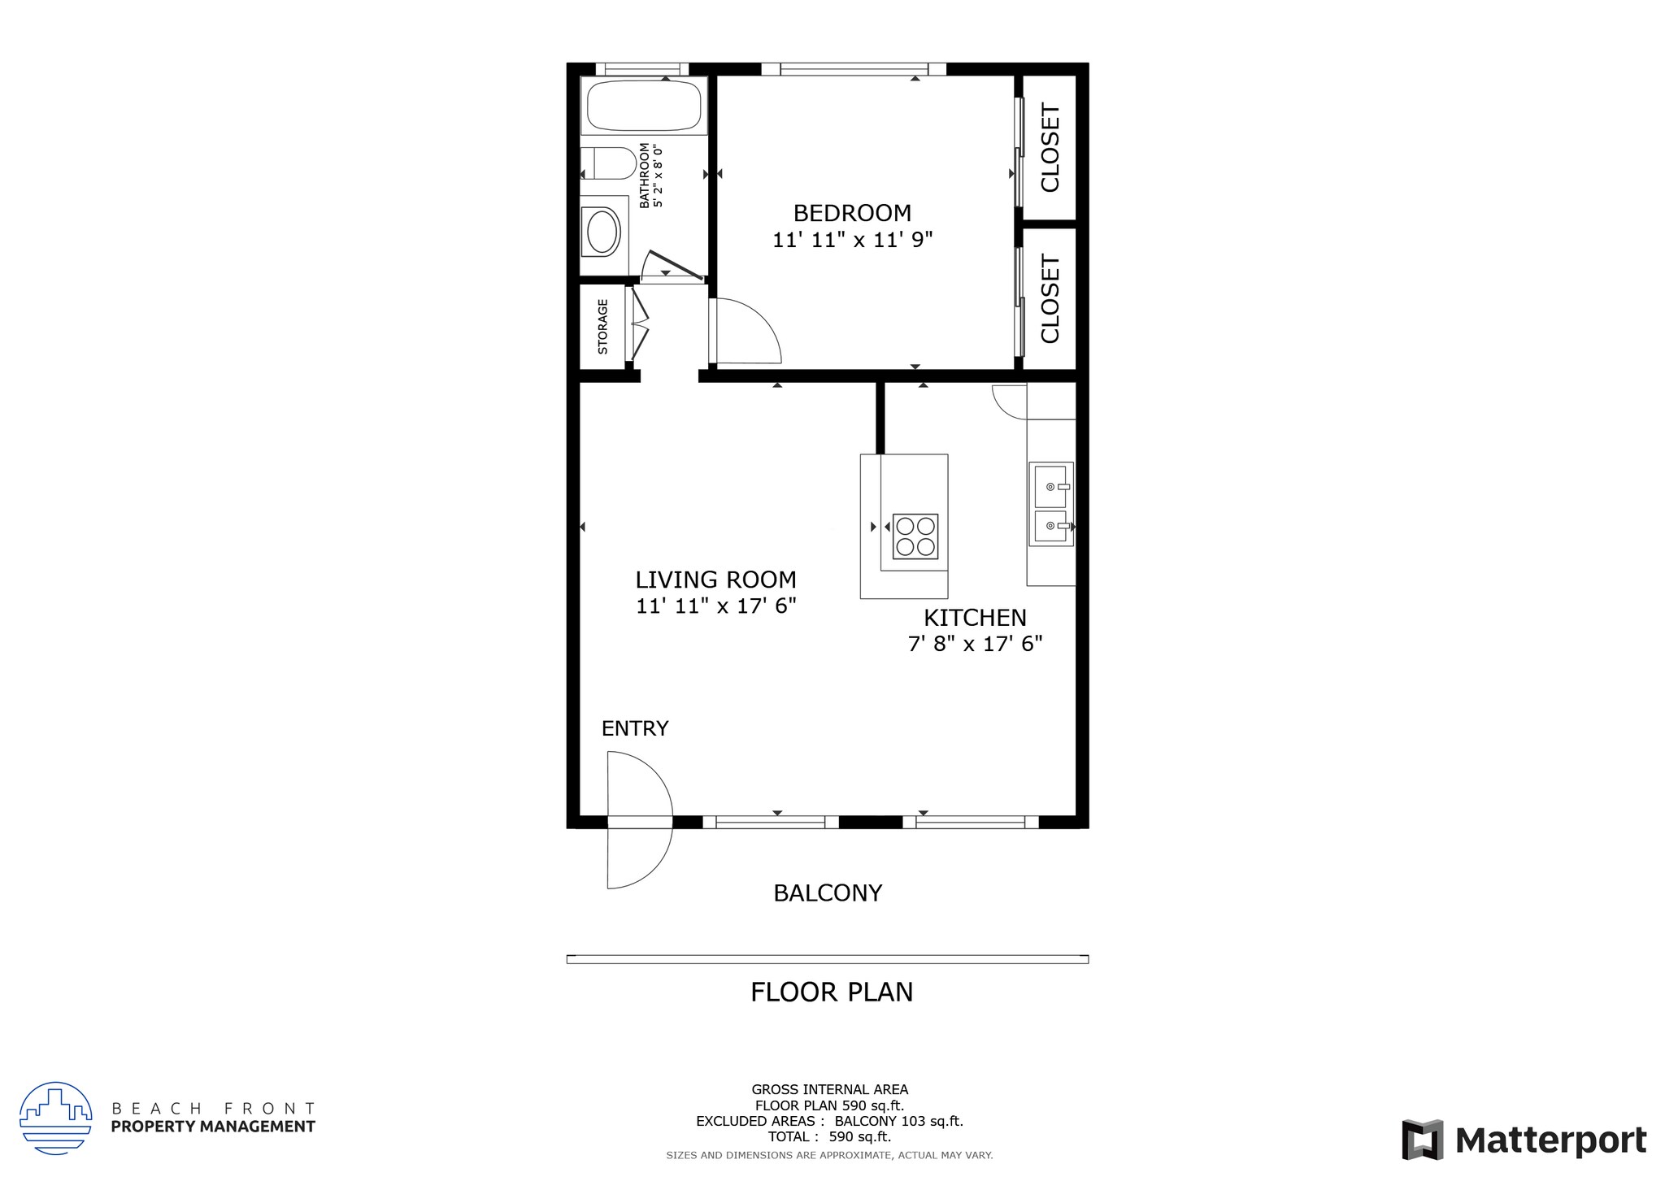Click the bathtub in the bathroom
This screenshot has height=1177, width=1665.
[x=643, y=106]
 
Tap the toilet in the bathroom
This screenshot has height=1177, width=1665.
[x=610, y=163]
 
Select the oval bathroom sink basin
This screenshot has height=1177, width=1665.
[x=602, y=232]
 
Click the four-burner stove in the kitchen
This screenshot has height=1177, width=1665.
[x=915, y=536]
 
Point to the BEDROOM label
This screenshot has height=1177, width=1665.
[x=852, y=213]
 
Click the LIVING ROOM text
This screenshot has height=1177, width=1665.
[x=715, y=580]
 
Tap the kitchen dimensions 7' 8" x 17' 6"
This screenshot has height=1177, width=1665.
[x=975, y=644]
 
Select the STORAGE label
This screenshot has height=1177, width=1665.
[x=602, y=327]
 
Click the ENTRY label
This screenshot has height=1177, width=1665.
[x=635, y=728]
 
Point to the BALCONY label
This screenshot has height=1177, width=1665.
[x=828, y=893]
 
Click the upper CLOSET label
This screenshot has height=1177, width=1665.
[x=1050, y=148]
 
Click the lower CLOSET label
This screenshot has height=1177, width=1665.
[x=1050, y=299]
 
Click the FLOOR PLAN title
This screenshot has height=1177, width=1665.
[x=832, y=992]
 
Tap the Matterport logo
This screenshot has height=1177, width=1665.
[x=1524, y=1140]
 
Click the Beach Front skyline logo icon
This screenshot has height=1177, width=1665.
[x=55, y=1118]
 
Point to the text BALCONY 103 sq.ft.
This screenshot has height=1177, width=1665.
[x=898, y=1121]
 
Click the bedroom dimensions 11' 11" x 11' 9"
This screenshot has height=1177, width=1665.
[x=852, y=240]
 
